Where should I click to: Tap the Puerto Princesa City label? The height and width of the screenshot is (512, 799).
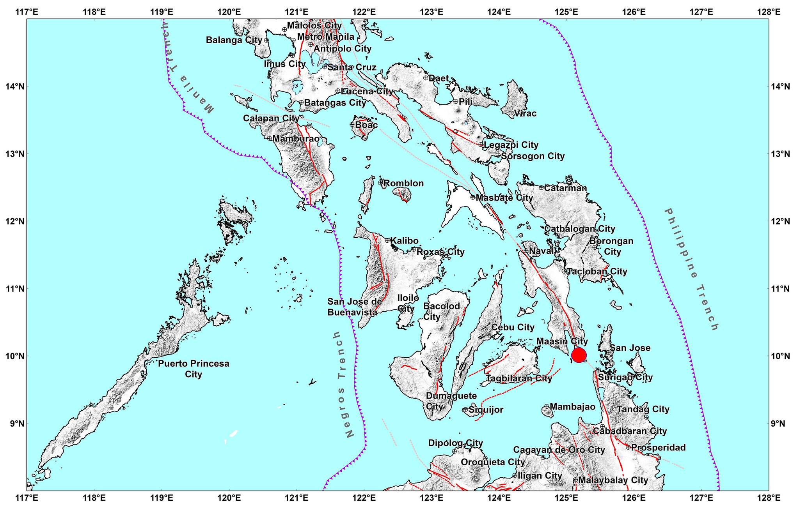pos(194,369)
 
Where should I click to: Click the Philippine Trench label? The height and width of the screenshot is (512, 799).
pos(691,269)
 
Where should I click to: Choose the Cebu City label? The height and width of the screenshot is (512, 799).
pos(512,327)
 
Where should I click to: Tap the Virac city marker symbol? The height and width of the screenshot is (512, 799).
pos(511,113)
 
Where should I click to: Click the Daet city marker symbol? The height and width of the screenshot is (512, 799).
pos(426,78)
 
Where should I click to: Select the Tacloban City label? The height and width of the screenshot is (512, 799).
pos(597,271)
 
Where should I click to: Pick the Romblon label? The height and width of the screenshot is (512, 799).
pos(403,183)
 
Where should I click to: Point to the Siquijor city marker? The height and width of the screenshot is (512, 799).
pos(465,410)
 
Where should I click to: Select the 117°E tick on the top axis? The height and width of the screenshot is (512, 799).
pos(27,19)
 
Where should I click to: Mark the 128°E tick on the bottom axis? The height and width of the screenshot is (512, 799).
pos(769,491)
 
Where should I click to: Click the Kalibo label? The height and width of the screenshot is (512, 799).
pos(404,241)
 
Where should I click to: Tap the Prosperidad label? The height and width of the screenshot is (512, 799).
pos(658,447)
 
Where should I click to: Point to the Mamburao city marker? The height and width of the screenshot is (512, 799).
pos(270,138)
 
